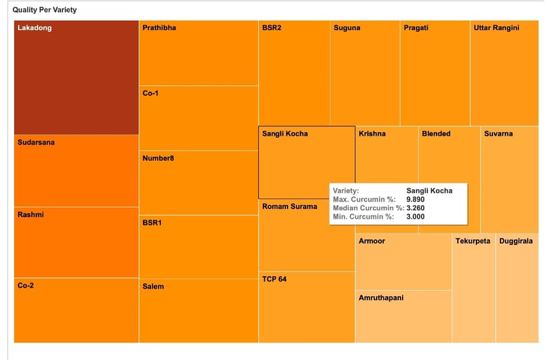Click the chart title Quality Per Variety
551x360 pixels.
[45, 10]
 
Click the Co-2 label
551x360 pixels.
[27, 285]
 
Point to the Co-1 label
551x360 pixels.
[150, 93]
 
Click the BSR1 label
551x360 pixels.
[152, 222]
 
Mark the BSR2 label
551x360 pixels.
[272, 28]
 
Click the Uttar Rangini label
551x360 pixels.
[496, 28]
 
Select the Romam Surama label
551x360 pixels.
[289, 206]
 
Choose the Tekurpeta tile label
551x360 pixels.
[472, 241]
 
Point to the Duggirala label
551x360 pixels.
[516, 241]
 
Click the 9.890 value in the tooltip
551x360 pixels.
[415, 199]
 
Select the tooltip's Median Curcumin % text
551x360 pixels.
[368, 208]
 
